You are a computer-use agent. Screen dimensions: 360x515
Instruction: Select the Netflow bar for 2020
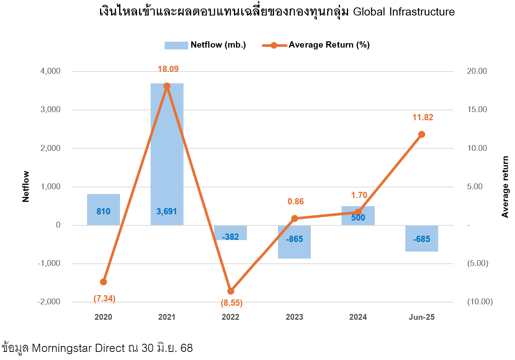pyautogui.click(x=103, y=209)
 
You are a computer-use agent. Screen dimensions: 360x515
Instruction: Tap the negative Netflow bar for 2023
pyautogui.click(x=294, y=242)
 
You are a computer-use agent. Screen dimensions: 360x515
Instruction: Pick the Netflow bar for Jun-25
pyautogui.click(x=422, y=238)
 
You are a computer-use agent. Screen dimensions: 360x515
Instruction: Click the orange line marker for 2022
pyautogui.click(x=231, y=291)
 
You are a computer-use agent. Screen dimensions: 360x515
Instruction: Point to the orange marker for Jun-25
pyautogui.click(x=422, y=134)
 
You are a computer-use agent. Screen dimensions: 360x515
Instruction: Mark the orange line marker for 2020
pyautogui.click(x=103, y=282)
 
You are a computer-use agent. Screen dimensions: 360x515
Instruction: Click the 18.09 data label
pyautogui.click(x=168, y=69)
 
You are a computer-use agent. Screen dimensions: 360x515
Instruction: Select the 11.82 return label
pyautogui.click(x=423, y=117)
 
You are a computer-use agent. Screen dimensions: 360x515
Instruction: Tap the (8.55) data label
pyautogui.click(x=231, y=303)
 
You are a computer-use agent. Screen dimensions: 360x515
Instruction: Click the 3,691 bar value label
pyautogui.click(x=167, y=211)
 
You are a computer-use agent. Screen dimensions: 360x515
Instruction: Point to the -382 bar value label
pyautogui.click(x=230, y=237)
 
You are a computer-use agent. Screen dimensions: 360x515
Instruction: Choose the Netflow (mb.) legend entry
pyautogui.click(x=205, y=45)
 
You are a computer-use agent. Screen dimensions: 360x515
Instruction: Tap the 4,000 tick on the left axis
pyautogui.click(x=50, y=71)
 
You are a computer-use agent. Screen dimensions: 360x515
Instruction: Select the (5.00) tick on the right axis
pyautogui.click(x=478, y=263)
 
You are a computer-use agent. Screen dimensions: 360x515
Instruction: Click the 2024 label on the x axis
pyautogui.click(x=358, y=317)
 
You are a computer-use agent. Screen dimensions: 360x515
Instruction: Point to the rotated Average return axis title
pyautogui.click(x=505, y=187)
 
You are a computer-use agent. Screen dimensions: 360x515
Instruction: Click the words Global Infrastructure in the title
pyautogui.click(x=404, y=12)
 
